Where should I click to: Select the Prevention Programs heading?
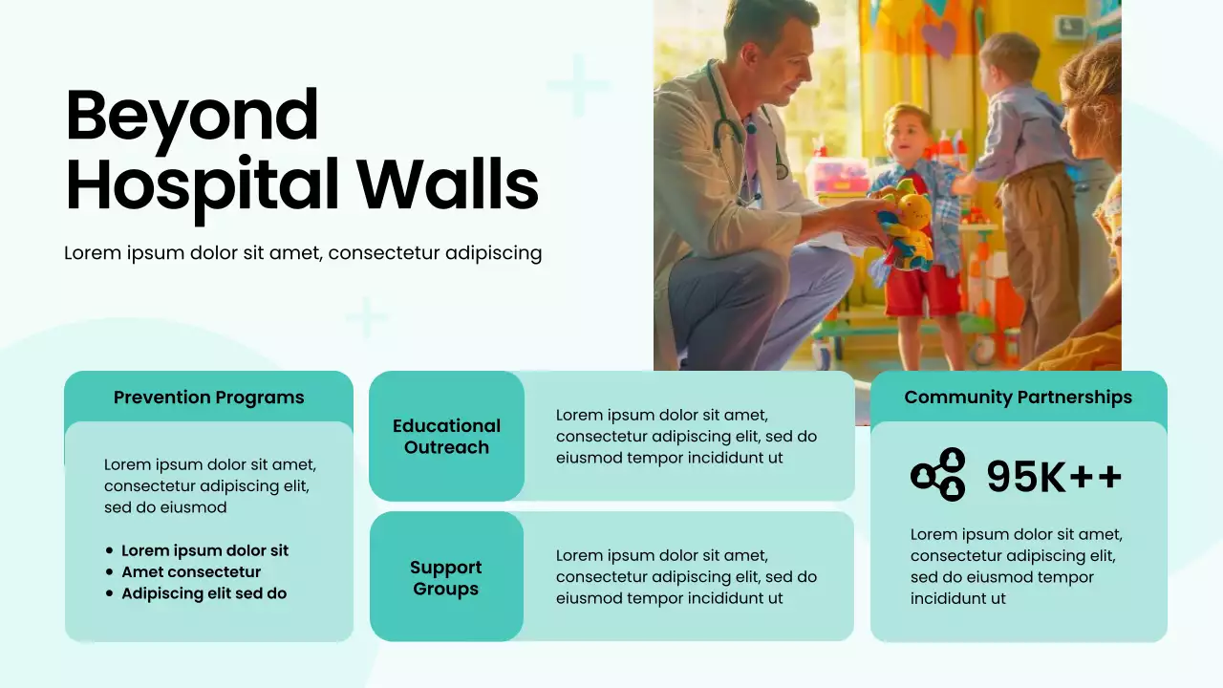coord(208,398)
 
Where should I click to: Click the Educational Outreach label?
coord(446,437)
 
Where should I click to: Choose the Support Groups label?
coord(445,578)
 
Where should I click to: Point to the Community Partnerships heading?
coord(1018,398)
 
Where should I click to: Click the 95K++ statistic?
coord(1054,476)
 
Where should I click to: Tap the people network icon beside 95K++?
coord(938,475)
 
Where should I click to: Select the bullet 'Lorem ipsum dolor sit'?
coord(204,550)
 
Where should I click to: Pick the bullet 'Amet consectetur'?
coord(191,572)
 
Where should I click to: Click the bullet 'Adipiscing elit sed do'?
coord(204,593)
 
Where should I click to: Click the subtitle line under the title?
coord(303,253)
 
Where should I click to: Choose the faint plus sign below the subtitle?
coord(366,317)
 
